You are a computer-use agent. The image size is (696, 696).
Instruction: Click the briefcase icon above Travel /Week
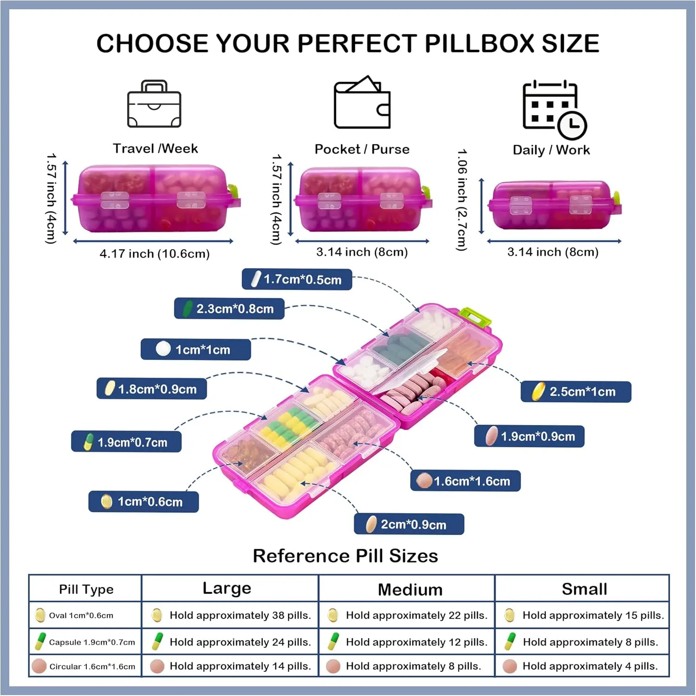(155, 104)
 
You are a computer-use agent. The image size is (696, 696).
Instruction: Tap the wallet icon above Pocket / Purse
(362, 102)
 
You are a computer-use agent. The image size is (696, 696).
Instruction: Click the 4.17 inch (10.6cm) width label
(155, 254)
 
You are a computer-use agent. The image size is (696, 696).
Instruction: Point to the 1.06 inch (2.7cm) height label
(462, 200)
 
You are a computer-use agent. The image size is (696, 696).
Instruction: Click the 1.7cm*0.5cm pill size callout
(297, 279)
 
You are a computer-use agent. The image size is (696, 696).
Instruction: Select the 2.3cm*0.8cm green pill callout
(229, 309)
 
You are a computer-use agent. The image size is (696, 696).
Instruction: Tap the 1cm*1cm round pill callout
(196, 349)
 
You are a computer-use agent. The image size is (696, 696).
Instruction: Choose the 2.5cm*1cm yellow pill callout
(576, 392)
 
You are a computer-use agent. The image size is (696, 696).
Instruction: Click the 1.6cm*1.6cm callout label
(465, 481)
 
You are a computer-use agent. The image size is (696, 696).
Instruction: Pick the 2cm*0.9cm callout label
(409, 524)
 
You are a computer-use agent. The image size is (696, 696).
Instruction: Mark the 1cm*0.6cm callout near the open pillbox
(143, 502)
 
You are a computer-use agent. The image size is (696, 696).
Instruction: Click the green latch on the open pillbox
(475, 317)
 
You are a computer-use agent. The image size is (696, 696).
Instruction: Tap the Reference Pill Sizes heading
(346, 556)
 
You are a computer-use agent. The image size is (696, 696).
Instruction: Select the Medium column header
(410, 590)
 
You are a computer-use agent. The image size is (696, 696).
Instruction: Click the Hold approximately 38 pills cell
(231, 615)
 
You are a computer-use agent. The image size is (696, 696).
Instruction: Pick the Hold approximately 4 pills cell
(582, 666)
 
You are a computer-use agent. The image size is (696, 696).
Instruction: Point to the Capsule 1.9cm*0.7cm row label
(85, 642)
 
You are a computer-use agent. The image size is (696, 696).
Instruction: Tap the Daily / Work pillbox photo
(554, 205)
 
